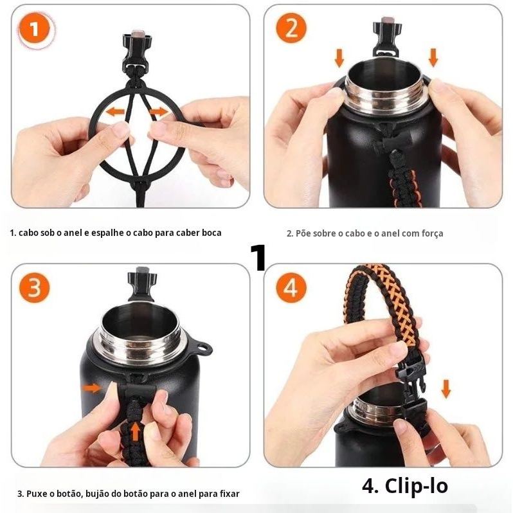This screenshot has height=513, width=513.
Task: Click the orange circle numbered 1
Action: [x=34, y=30]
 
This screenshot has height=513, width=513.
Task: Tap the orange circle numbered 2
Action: [x=291, y=28]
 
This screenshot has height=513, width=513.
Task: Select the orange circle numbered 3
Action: [x=34, y=287]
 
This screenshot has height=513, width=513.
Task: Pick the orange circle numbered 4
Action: [x=291, y=287]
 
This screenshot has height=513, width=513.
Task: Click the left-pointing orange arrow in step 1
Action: [x=115, y=112]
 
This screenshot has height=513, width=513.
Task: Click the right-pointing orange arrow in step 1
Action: [x=159, y=112]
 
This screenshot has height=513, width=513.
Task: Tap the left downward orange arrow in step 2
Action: [x=339, y=58]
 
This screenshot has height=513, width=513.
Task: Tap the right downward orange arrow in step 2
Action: [x=433, y=57]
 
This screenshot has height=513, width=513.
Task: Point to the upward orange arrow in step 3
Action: [x=136, y=431]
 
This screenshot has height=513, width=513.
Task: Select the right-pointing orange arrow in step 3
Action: [x=93, y=388]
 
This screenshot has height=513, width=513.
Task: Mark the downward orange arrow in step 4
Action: [x=446, y=389]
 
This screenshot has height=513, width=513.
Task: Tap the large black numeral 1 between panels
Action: [x=258, y=258]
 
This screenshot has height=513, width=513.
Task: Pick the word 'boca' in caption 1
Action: [x=212, y=233]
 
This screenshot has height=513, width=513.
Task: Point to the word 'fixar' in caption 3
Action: [x=230, y=493]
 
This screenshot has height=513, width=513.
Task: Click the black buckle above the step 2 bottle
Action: [x=388, y=38]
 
